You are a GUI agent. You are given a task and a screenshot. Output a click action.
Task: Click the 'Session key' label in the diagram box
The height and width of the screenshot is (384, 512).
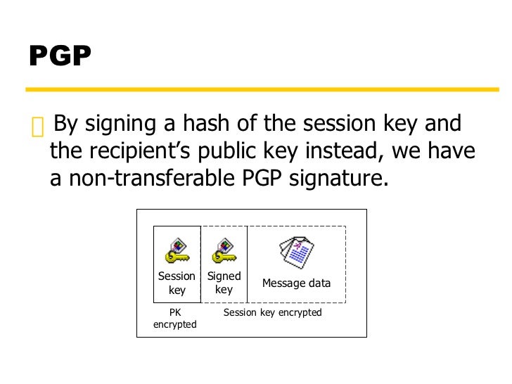177,283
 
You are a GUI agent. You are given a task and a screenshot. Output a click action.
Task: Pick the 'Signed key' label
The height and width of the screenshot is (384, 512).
224,283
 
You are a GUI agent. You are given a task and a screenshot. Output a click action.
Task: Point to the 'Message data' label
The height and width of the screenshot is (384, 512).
296,283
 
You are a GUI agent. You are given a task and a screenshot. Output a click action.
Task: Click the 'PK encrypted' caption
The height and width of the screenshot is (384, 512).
175,318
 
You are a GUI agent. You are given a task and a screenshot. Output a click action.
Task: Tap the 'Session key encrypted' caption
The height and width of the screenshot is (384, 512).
272,312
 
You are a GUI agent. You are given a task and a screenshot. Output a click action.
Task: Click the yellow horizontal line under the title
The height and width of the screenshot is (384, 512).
256,90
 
